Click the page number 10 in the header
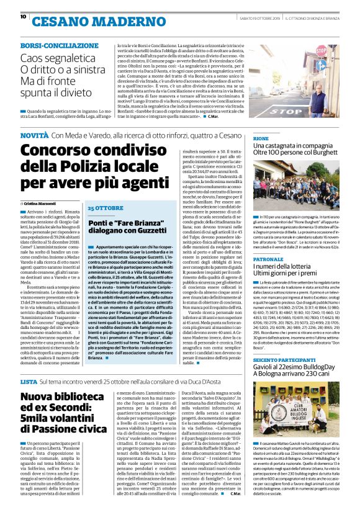pos(23,16)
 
